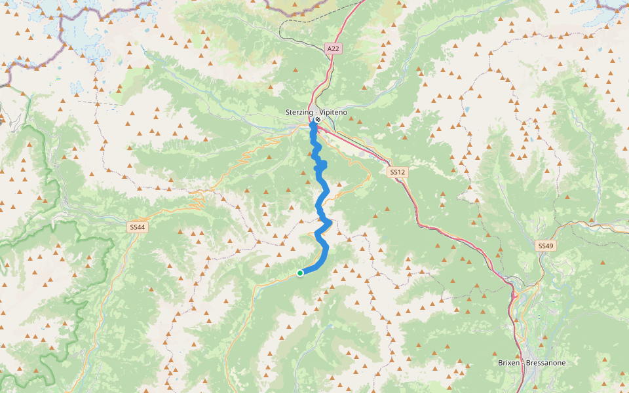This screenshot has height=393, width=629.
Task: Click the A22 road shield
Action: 334,48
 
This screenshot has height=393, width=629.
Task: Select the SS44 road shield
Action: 138,227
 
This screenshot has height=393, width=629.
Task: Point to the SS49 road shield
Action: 545,246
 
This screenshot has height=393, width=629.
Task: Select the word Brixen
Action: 508,363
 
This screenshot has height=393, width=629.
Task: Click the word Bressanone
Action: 545,363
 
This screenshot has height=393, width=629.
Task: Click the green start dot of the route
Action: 300,273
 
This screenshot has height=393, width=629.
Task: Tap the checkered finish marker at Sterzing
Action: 317,119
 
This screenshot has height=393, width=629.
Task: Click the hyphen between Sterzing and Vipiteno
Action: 316,113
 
